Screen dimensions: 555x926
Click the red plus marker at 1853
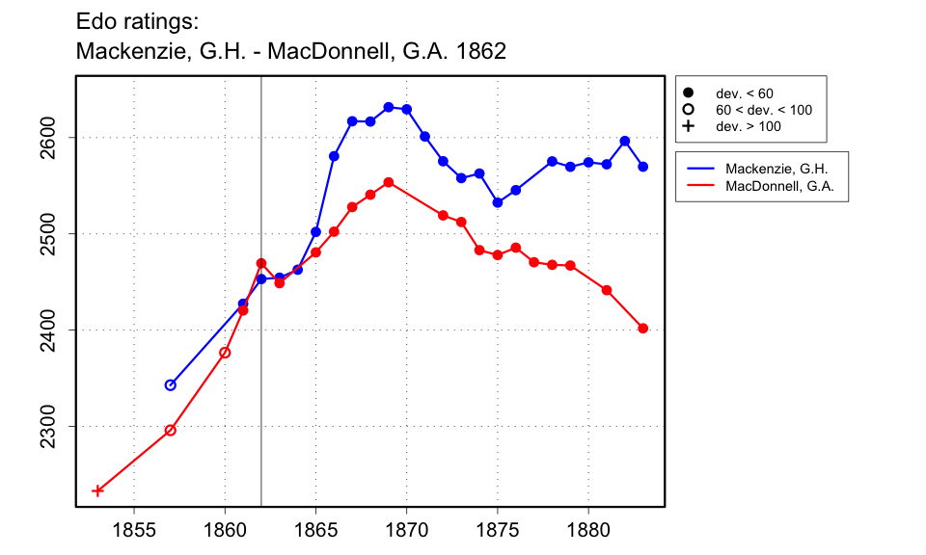pos(97,490)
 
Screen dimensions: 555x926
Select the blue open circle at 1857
pos(171,384)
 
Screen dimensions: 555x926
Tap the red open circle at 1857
pos(171,431)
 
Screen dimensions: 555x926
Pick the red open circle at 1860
pos(225,353)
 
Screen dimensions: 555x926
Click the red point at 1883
pos(643,329)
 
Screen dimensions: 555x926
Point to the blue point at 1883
pos(643,167)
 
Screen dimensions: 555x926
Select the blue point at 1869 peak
pos(388,107)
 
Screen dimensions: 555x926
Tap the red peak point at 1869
pos(388,182)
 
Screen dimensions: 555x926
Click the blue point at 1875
pos(498,202)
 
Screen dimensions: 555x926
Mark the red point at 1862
pos(261,263)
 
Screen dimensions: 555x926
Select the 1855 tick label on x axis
pos(134,529)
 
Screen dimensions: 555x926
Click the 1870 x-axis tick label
pos(406,529)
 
